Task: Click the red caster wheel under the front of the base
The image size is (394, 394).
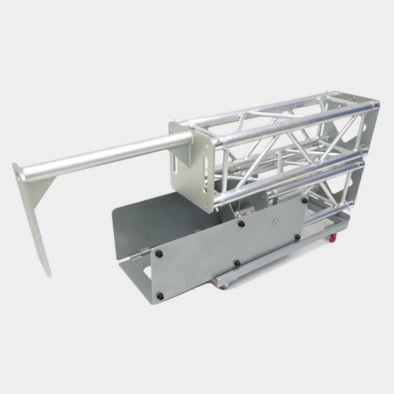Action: click(x=223, y=287)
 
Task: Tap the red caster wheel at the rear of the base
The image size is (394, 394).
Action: click(x=333, y=238)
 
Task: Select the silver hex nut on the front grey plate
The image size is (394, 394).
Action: click(x=276, y=221)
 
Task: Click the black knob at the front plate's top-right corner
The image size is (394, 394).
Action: click(x=305, y=201)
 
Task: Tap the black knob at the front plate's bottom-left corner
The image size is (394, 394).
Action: click(x=160, y=296)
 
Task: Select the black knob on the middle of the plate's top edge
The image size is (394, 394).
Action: click(x=241, y=224)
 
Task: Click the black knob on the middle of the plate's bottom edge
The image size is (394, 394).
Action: click(x=237, y=263)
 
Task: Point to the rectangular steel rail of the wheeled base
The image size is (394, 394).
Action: click(x=276, y=256)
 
